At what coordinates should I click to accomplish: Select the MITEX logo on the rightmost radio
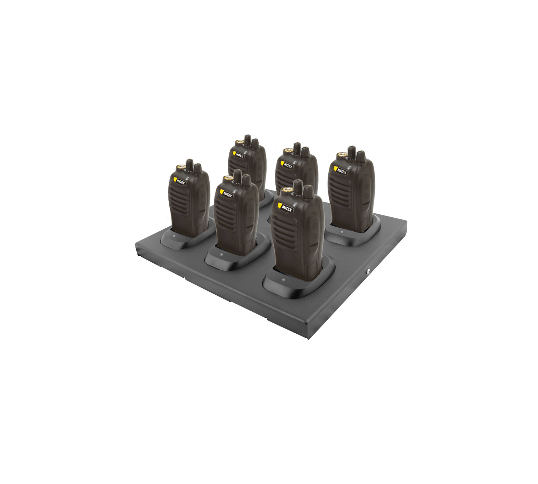pos(341,171)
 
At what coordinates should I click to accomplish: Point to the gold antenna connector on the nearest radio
pos(286,190)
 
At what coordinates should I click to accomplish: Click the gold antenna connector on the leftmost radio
pos(181,167)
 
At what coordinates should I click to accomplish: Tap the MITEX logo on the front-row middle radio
pos(226,194)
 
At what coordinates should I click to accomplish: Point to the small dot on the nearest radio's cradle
pos(283,280)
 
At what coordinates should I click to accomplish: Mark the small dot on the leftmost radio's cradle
pos(174,235)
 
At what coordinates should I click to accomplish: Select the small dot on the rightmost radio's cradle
pos(341,232)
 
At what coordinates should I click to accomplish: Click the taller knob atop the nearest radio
pos(298,187)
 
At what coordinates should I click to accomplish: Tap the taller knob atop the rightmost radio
pos(351,152)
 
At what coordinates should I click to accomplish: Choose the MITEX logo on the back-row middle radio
pos(286,164)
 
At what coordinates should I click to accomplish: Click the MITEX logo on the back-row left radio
pos(238,154)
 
